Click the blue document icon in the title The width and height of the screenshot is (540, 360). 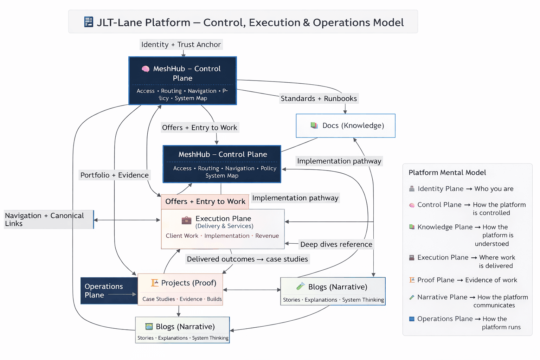click(x=89, y=22)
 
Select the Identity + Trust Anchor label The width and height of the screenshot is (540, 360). click(x=181, y=45)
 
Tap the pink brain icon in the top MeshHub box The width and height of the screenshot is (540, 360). click(x=146, y=69)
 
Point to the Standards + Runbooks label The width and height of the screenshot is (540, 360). click(x=319, y=98)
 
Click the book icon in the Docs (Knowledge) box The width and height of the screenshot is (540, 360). click(x=314, y=126)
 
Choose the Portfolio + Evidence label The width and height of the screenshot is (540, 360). click(x=114, y=175)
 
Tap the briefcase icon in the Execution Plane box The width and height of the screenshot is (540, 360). click(x=186, y=220)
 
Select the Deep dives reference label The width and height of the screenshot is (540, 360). click(x=336, y=244)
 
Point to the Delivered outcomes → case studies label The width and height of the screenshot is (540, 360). click(x=247, y=259)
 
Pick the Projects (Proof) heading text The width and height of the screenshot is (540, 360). click(x=188, y=283)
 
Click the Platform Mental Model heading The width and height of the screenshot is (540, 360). click(x=447, y=173)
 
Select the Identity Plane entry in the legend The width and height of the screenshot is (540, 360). click(x=441, y=189)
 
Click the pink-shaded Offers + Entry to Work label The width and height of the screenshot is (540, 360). click(x=205, y=201)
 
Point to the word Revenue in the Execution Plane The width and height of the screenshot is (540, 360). click(x=267, y=236)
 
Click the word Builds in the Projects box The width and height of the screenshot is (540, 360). click(x=214, y=299)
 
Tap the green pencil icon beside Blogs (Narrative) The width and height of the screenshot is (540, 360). click(x=300, y=287)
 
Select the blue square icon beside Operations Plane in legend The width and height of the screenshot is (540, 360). click(x=412, y=319)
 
